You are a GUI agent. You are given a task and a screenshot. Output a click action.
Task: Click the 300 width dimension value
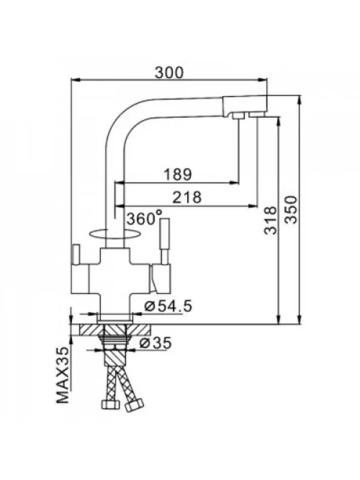click(169, 73)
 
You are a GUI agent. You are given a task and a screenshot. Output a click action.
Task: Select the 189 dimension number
click(177, 174)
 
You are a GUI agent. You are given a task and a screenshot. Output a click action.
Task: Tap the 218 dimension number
click(187, 197)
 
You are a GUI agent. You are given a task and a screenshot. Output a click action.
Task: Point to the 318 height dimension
click(270, 220)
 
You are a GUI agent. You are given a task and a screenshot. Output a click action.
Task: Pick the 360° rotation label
click(145, 217)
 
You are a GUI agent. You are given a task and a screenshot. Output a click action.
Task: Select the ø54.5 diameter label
click(168, 306)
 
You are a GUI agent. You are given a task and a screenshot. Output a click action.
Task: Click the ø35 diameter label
click(155, 343)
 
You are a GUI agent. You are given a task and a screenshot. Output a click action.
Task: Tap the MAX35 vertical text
click(63, 375)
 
